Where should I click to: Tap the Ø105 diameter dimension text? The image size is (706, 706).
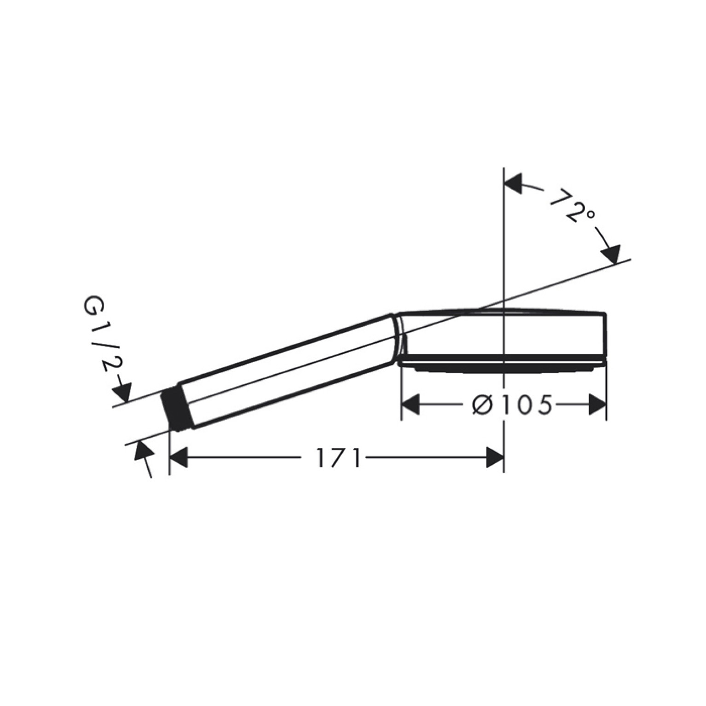click(x=511, y=405)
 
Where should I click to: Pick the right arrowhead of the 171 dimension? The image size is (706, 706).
click(x=495, y=458)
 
